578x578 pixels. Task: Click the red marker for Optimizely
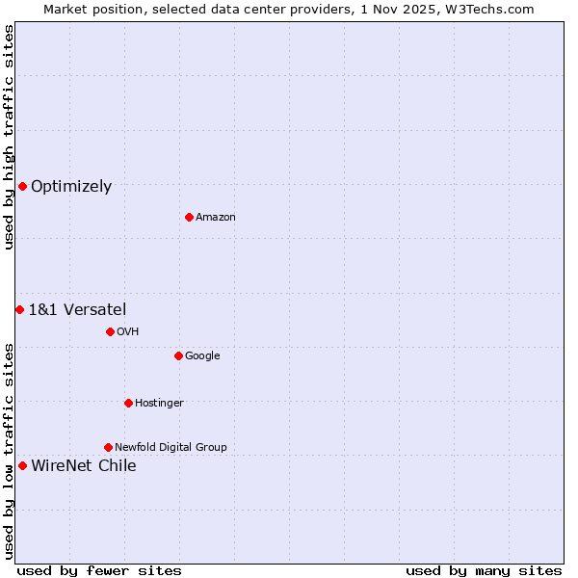pos(22,186)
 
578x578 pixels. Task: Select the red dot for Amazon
pos(189,217)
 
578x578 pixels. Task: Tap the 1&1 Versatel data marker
pos(19,309)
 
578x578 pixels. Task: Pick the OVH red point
pos(110,331)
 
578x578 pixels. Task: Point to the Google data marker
pos(178,355)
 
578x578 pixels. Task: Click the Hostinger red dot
pos(128,403)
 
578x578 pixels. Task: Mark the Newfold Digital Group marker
pos(108,447)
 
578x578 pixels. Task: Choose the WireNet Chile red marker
pos(22,465)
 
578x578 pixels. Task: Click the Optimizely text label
pos(71,187)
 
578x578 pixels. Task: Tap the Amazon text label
pos(216,218)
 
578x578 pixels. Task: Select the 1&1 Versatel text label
pos(77,310)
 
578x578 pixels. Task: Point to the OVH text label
pos(128,332)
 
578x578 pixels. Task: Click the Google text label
pos(202,356)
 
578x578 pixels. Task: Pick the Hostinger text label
pos(159,404)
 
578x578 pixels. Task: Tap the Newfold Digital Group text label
pos(171,448)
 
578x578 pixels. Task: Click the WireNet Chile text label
pos(84,466)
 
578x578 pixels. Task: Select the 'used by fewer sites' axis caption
pos(99,570)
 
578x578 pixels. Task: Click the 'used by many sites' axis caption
pos(484,570)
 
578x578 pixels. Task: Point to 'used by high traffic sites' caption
pos(9,137)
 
